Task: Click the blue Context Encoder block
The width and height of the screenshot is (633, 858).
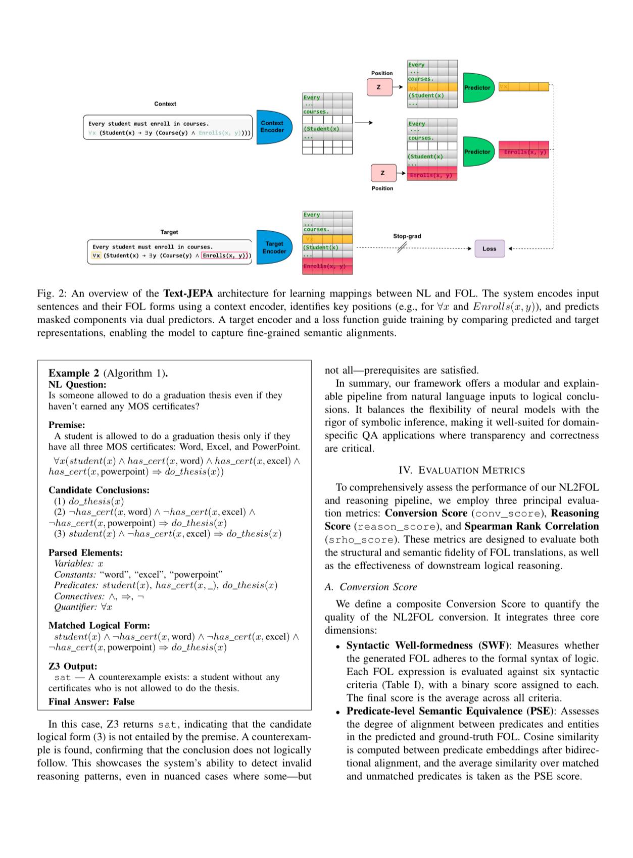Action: point(273,127)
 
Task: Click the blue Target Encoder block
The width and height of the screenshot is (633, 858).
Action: point(274,247)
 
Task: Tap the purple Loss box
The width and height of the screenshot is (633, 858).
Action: point(489,248)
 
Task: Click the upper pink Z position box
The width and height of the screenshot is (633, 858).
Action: point(379,87)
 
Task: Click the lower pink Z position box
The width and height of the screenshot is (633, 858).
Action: point(382,173)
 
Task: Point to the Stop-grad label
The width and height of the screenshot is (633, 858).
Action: point(407,236)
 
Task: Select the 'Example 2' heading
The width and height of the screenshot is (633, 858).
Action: point(74,373)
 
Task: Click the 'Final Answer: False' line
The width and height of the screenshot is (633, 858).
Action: point(91,701)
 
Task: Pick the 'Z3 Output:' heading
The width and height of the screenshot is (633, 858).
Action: point(73,666)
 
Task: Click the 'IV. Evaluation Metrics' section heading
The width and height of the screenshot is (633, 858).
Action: point(461,470)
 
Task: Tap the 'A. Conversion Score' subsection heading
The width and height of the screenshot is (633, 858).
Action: point(371,587)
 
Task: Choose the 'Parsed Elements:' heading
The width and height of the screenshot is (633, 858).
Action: point(85,552)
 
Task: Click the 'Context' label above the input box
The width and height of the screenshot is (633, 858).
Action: point(165,104)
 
